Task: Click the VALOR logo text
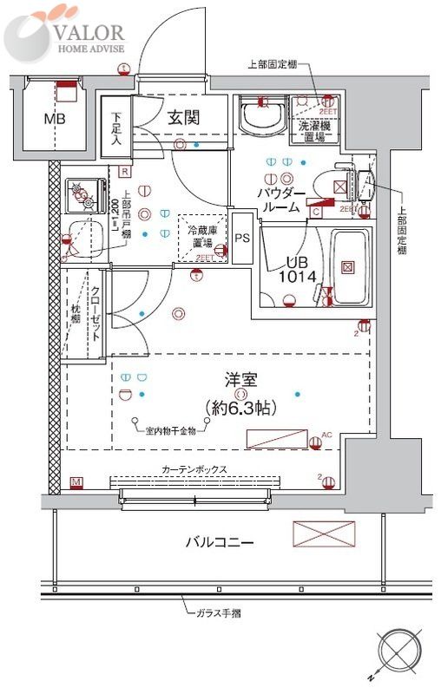(89, 32)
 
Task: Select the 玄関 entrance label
(185, 116)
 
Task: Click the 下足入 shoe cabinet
(115, 130)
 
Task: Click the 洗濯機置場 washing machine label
(313, 130)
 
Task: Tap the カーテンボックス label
(194, 469)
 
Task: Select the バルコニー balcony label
(219, 543)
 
